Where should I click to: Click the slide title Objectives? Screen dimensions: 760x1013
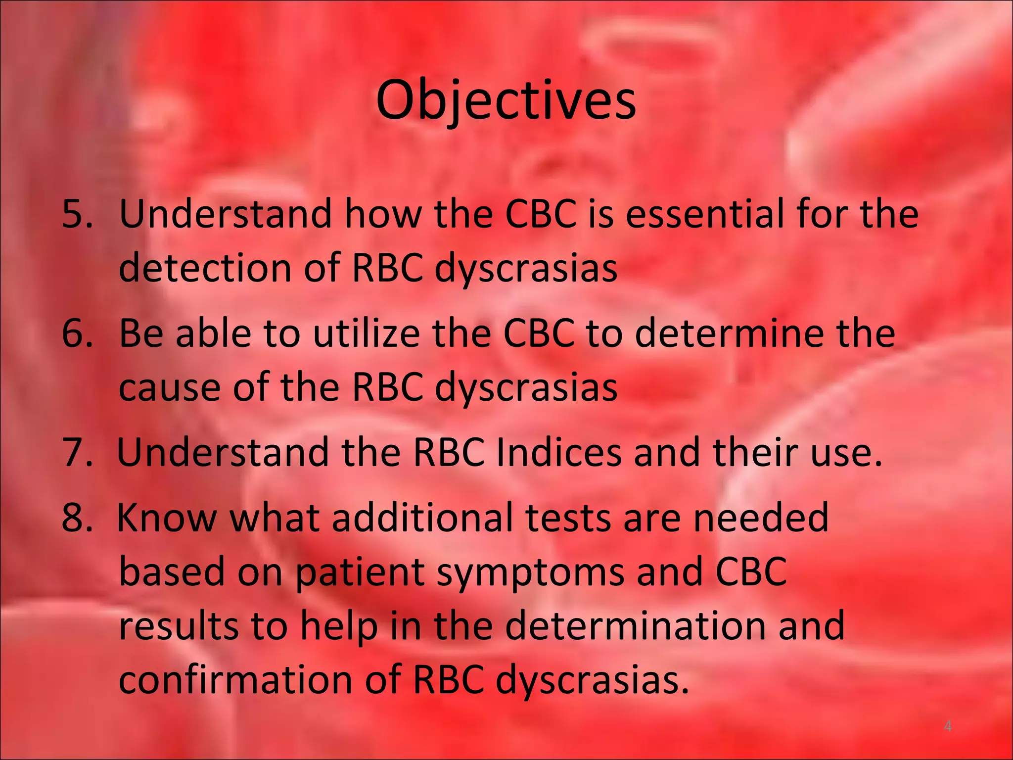tap(506, 100)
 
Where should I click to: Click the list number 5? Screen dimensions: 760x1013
tap(77, 214)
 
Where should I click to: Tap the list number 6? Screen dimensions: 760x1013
tap(77, 333)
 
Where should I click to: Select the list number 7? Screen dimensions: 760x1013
tap(77, 452)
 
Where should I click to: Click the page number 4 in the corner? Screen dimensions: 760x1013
tap(948, 726)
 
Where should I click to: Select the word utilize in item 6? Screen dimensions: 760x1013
tap(367, 333)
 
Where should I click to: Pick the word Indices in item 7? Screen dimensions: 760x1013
tap(558, 452)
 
